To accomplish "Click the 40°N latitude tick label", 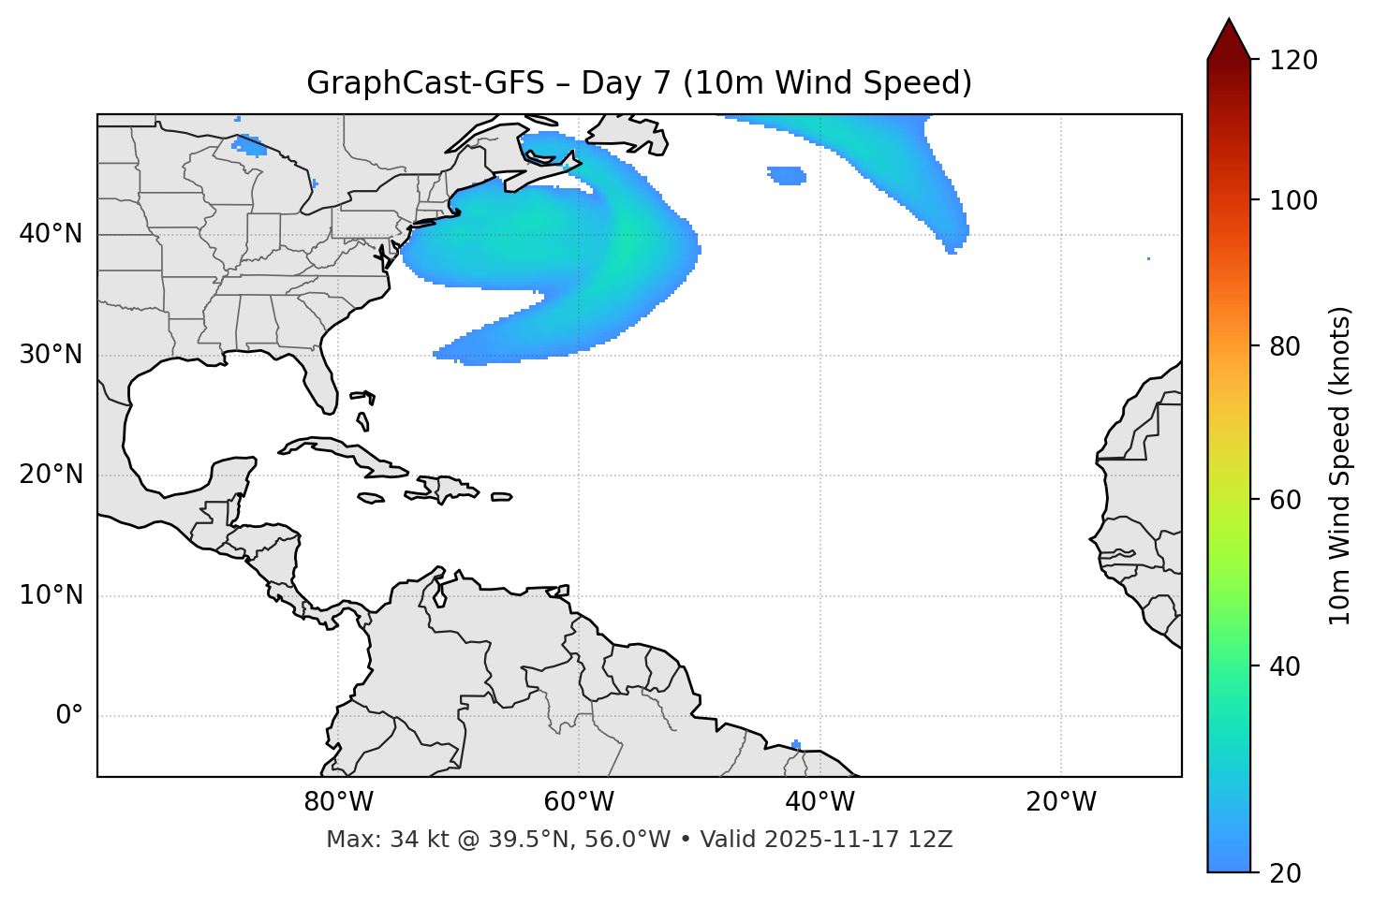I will click(51, 234).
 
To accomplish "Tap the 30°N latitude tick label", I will click(51, 355).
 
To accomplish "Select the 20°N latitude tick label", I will click(51, 475).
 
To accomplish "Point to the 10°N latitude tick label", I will click(51, 595).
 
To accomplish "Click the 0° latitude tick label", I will click(68, 716).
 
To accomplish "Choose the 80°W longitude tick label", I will click(338, 802).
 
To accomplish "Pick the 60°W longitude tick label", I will click(579, 802).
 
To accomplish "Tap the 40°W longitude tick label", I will click(819, 802).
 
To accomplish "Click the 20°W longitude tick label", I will click(1061, 802).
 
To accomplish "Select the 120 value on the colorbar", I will click(1293, 61).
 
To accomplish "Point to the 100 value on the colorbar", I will click(1293, 200).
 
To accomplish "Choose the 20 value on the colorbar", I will click(1285, 873).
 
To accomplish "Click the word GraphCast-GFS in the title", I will click(425, 83).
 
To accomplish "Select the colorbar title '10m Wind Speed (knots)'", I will click(1340, 465).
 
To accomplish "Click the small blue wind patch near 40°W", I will click(787, 175).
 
